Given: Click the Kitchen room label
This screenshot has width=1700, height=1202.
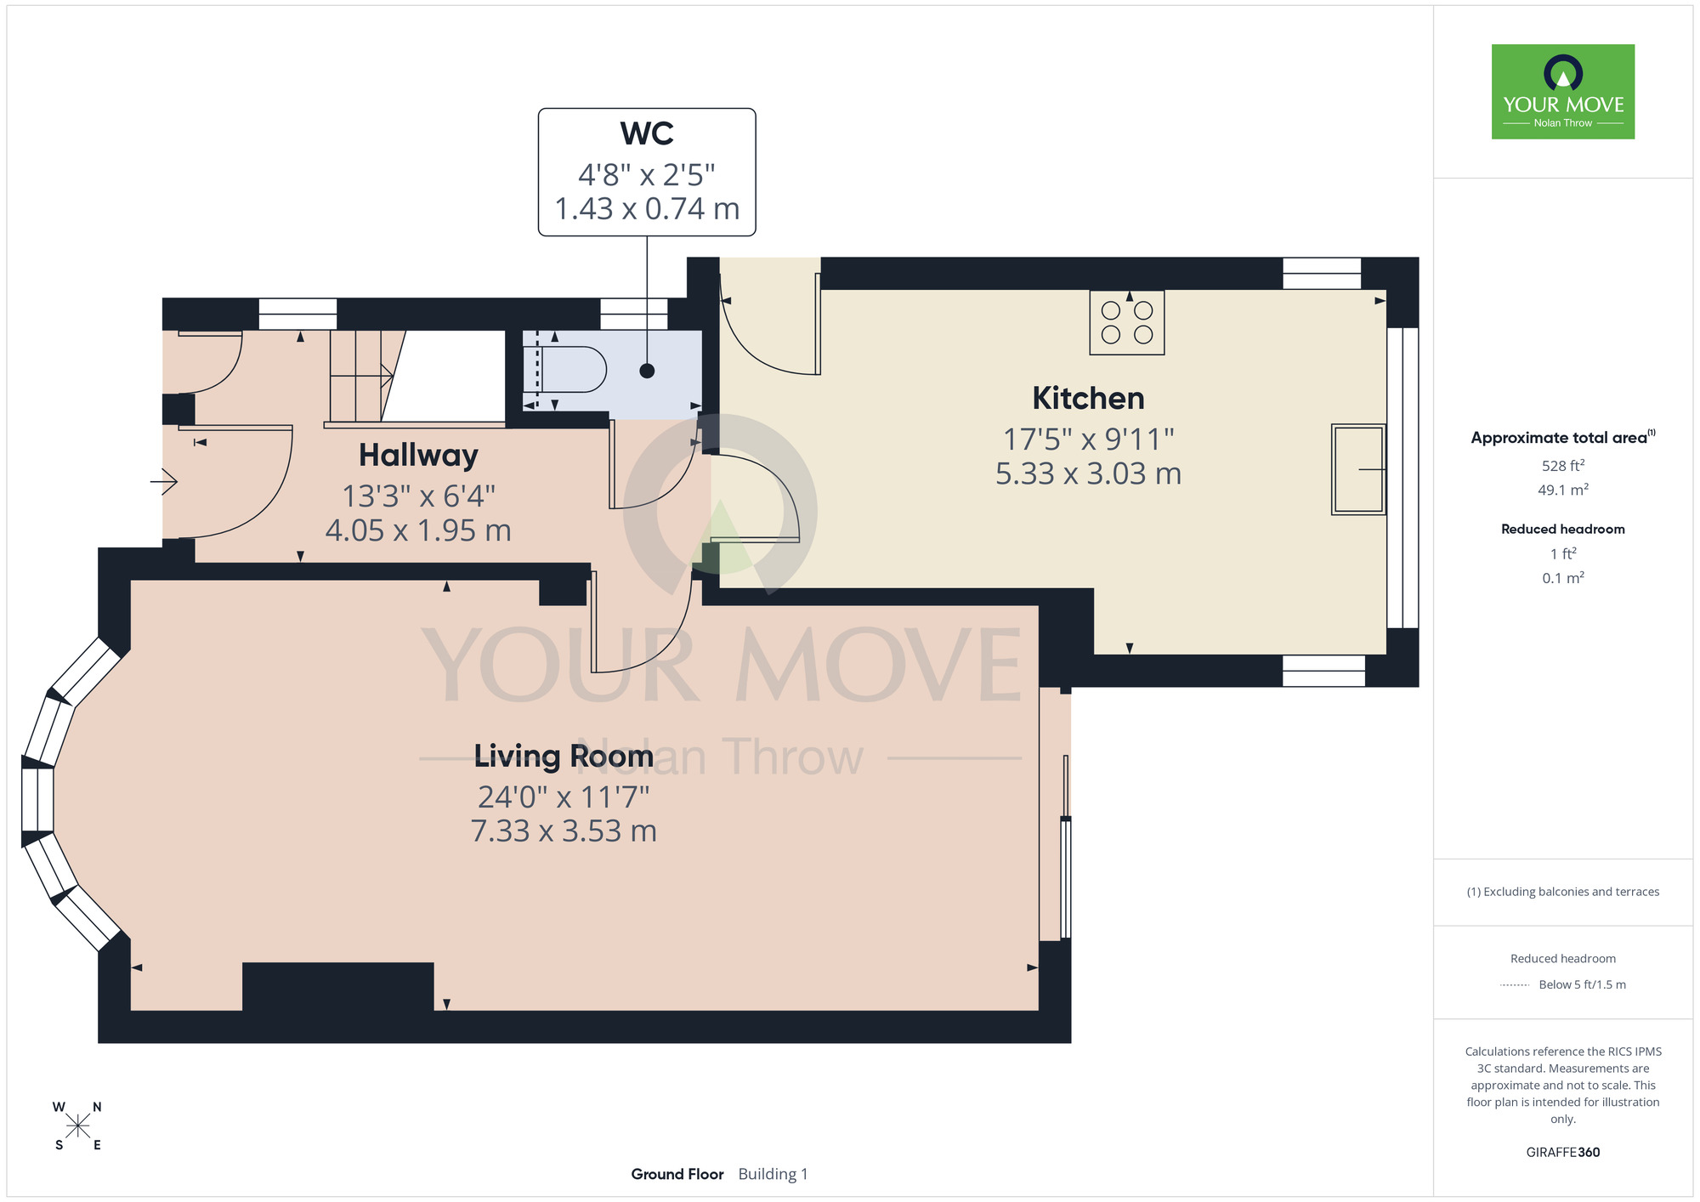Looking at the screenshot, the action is click(1088, 398).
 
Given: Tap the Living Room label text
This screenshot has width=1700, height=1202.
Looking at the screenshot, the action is click(564, 756).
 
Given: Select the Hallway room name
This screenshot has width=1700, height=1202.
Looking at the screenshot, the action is click(418, 456).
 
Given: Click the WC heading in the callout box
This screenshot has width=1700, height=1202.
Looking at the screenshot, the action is click(647, 133).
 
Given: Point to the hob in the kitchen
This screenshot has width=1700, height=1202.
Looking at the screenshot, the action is click(1127, 322).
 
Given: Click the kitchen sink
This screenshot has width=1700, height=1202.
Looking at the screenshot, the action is click(1358, 469).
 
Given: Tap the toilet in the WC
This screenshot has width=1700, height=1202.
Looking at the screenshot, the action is click(564, 370).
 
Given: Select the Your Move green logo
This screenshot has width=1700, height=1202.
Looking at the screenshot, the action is click(1563, 92).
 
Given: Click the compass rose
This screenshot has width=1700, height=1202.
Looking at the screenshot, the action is click(77, 1126).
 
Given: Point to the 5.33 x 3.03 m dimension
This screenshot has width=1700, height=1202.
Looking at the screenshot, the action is click(1088, 473).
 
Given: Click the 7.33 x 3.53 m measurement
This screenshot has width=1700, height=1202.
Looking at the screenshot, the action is click(564, 831).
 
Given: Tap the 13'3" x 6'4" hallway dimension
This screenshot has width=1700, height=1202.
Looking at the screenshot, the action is click(418, 496).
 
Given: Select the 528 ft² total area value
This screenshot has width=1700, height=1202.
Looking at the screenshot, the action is click(1563, 465).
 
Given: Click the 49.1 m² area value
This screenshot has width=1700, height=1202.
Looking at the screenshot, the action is click(1563, 490).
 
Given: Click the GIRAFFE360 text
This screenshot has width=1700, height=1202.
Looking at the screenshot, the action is click(1563, 1153).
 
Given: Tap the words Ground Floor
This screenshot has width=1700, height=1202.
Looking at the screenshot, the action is click(677, 1174).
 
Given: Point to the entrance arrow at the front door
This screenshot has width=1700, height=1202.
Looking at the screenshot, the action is click(164, 482).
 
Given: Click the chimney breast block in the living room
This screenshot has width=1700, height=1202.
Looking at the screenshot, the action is click(338, 986).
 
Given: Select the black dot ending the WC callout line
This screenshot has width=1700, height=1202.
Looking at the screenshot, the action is click(647, 371).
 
